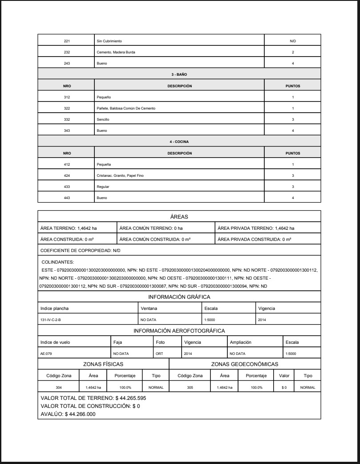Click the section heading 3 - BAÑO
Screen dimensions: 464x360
click(x=179, y=74)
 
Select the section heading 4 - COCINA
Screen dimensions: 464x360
click(x=179, y=142)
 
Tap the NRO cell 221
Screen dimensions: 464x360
click(x=66, y=41)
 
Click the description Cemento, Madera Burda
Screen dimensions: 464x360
click(x=116, y=52)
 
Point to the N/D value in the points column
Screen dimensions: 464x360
click(x=292, y=41)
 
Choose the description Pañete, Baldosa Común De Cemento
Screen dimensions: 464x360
click(x=126, y=108)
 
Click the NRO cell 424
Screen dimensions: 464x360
click(x=66, y=175)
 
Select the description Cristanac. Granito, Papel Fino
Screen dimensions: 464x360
click(x=120, y=175)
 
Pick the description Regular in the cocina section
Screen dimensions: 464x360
click(x=103, y=187)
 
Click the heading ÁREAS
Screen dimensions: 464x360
click(x=179, y=216)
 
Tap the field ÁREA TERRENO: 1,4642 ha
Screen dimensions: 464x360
click(x=69, y=228)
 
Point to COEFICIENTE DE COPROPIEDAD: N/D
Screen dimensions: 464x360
click(x=80, y=250)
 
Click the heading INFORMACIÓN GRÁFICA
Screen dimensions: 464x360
click(x=179, y=297)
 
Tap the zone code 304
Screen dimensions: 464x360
click(x=59, y=387)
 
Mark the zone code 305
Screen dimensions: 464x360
click(x=190, y=387)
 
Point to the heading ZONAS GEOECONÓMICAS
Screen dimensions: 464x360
click(x=245, y=364)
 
